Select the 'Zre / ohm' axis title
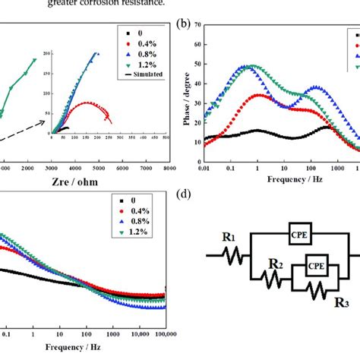pyautogui.click(x=77, y=182)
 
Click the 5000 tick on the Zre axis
pyautogui.click(x=98, y=168)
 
